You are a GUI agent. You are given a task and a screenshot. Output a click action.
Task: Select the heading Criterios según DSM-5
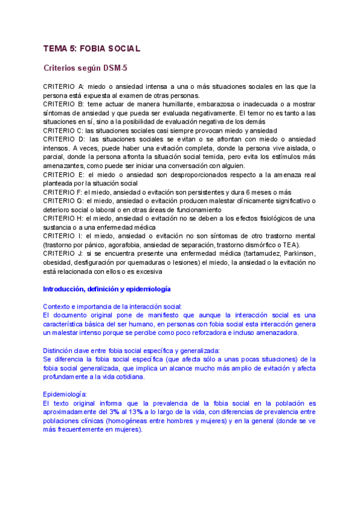[85, 68]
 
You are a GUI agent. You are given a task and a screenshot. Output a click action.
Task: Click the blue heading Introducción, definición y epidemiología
[102, 289]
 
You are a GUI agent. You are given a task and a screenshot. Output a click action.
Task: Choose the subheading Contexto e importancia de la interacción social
[113, 307]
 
